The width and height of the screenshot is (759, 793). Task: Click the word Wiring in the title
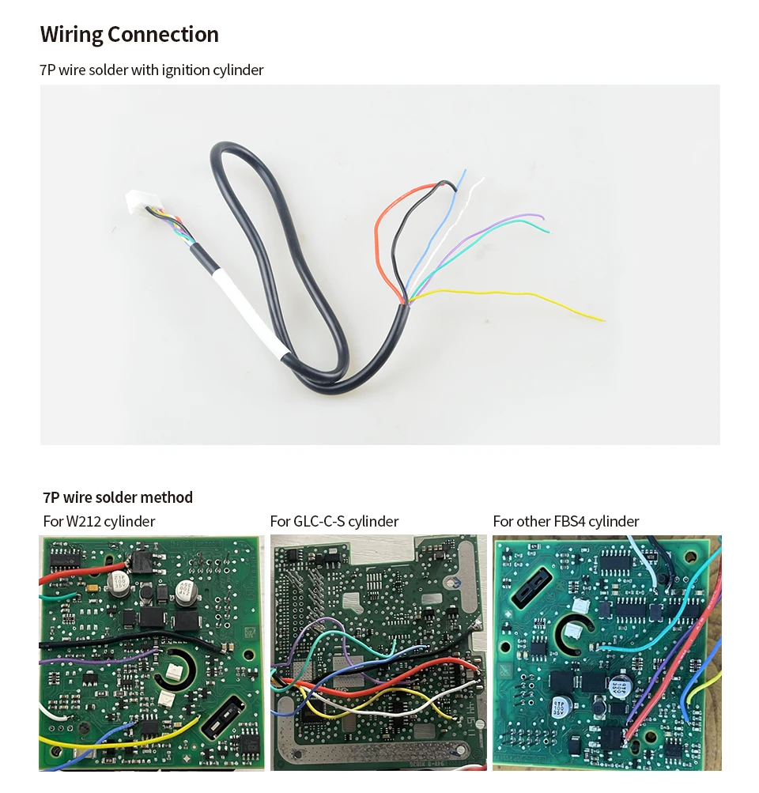point(71,35)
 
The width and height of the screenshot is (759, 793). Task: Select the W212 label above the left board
point(84,521)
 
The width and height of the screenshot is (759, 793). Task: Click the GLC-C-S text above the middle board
point(319,521)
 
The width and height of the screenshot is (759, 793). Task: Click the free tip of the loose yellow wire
point(602,320)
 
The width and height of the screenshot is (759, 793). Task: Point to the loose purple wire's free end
point(543,217)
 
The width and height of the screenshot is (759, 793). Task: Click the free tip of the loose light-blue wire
point(465,170)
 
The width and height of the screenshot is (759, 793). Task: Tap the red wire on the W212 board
point(79,576)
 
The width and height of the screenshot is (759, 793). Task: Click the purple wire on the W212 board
point(95,659)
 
